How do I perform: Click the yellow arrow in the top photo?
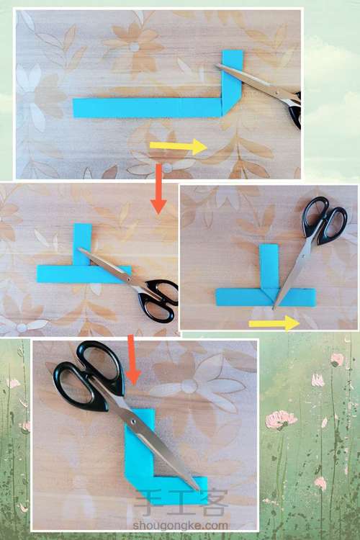point(178,146)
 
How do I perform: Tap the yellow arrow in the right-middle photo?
point(274,323)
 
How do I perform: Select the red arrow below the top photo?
point(158,189)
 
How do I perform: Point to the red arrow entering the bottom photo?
point(132,360)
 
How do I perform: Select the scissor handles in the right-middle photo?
point(325,220)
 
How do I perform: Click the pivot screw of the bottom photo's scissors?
point(133,421)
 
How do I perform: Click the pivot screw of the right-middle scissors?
point(302,256)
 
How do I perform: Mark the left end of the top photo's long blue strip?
point(73,108)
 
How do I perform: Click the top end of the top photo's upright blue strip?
point(233,51)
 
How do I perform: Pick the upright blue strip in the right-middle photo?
point(269,266)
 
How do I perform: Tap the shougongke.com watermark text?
point(181,526)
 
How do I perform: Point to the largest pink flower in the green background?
point(280,420)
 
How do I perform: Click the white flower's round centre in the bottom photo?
point(189,386)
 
